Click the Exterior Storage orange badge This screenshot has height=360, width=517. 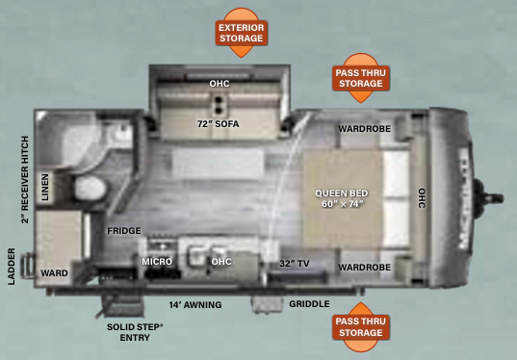click(241, 33)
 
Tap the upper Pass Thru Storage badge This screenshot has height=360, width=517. click(360, 78)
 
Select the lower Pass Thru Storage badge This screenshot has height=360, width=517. click(360, 327)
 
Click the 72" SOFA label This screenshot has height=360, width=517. click(219, 124)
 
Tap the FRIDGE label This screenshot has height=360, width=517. click(124, 231)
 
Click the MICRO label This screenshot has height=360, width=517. click(157, 261)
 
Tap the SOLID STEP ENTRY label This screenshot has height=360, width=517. click(135, 332)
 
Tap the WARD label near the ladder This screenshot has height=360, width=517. click(54, 273)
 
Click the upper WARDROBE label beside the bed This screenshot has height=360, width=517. click(362, 129)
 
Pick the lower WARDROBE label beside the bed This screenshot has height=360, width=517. click(362, 266)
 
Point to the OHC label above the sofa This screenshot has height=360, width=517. click(219, 84)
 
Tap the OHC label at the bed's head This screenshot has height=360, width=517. click(421, 196)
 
